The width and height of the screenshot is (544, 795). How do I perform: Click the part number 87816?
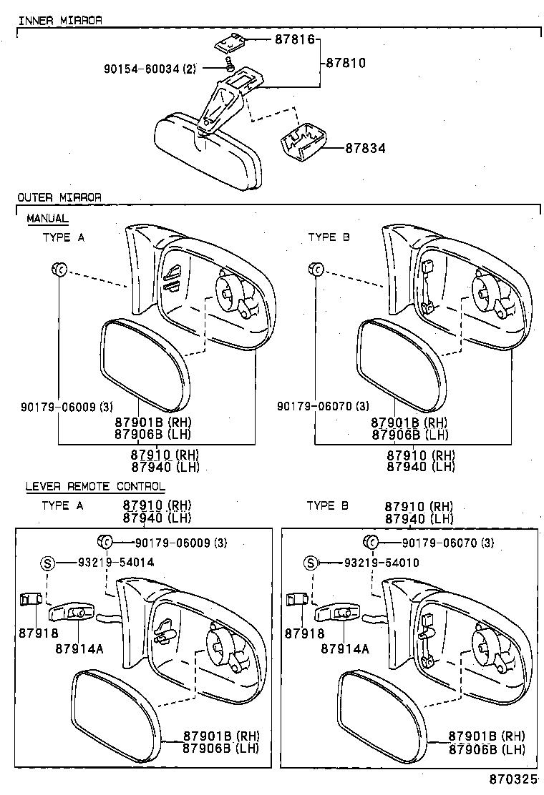point(295,40)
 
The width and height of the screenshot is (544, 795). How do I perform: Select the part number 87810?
point(346,63)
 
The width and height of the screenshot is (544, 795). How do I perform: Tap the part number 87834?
point(365,149)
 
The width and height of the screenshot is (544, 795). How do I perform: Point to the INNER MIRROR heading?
point(59,20)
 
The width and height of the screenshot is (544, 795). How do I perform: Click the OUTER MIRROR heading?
point(59,197)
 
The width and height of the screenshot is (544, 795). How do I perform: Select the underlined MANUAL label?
point(47,218)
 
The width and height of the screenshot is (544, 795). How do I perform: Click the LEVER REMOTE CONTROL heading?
point(95,486)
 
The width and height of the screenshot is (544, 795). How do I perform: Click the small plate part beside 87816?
point(230,43)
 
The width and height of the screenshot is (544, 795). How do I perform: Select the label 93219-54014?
point(116,563)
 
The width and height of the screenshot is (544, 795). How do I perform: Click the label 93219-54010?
point(381,563)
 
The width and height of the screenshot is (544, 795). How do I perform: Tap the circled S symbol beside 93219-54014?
point(47,563)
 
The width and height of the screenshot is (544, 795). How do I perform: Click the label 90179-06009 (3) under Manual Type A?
point(57,407)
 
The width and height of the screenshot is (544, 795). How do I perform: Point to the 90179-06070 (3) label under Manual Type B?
point(323,407)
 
